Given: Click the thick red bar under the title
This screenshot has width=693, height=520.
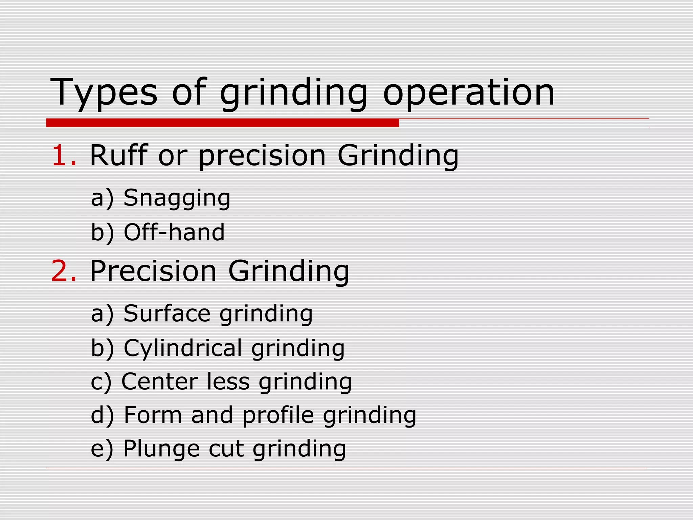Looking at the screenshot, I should click(x=222, y=123).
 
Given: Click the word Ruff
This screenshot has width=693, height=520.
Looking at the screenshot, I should click(x=119, y=155).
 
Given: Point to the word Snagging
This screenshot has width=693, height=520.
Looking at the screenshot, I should click(x=177, y=198).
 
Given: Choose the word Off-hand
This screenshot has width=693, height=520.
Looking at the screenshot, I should click(x=174, y=232).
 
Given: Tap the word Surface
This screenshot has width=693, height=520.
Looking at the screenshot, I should click(x=167, y=313).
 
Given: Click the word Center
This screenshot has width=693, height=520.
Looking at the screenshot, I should click(x=160, y=382).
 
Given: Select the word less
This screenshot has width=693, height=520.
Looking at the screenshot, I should click(x=228, y=382).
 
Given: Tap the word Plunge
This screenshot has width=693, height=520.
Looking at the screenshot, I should click(x=161, y=449).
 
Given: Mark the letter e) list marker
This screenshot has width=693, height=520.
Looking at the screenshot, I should click(x=102, y=449).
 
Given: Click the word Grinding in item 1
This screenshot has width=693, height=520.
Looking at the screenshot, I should click(x=398, y=155).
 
